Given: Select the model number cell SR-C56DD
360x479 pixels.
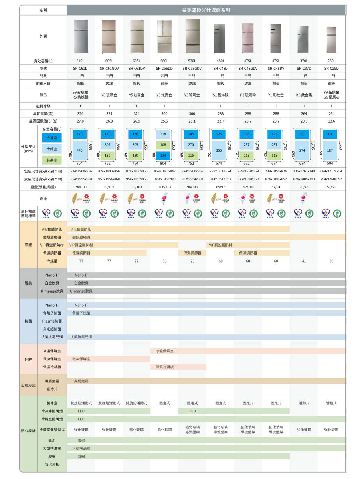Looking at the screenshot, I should point(164,69).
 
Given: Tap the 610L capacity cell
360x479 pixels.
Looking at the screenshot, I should point(80,61).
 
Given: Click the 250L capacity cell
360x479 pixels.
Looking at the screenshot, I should point(331,61).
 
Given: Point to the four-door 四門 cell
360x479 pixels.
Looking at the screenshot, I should point(164,76).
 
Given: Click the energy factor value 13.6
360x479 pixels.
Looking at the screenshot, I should point(331,121).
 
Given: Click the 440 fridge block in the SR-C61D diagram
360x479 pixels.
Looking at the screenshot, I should point(80,150).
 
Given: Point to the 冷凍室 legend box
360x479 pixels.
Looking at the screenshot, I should point(52,138).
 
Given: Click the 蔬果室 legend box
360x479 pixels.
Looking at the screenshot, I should point(52,160).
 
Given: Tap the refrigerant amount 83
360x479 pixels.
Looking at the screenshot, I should point(164,261).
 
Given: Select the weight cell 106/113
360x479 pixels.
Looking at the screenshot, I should point(164,187).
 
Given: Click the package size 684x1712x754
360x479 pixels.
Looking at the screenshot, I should point(331,171).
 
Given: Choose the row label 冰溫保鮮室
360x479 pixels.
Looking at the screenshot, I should point(52,351).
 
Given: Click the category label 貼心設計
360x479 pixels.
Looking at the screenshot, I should point(30,430).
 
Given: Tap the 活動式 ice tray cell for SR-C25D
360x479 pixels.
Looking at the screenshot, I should point(331,403).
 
